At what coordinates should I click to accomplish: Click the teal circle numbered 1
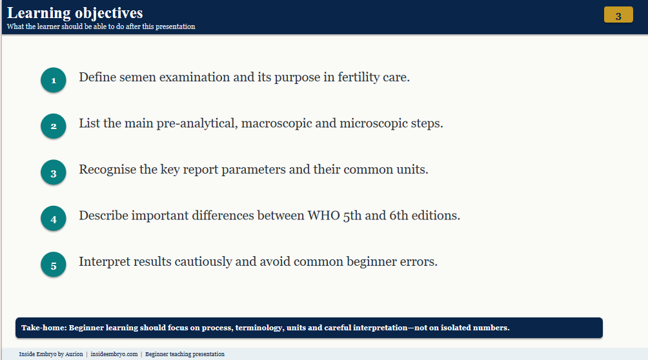coord(54,80)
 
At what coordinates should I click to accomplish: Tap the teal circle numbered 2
coord(54,126)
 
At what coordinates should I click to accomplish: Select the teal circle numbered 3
coord(54,172)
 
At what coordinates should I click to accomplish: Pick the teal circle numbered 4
coord(54,219)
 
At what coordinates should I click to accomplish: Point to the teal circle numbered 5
coord(54,265)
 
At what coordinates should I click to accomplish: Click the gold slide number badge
coord(618,15)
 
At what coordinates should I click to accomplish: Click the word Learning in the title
coord(39,14)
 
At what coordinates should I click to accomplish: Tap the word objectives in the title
coord(109,14)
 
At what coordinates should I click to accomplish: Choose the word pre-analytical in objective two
coord(197,124)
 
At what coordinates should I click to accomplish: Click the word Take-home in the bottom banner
coord(44,328)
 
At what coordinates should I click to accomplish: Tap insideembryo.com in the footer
coord(114,354)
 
